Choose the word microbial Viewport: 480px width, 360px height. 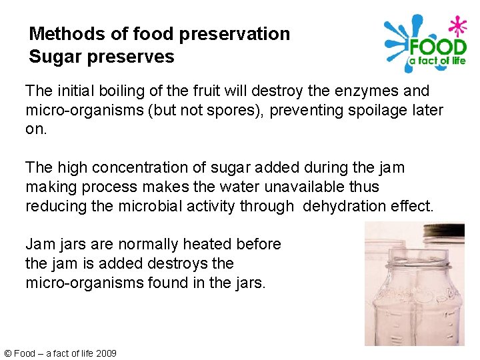click(149, 207)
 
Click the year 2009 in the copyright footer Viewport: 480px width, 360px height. click(106, 353)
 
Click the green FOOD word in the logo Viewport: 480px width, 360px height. click(437, 47)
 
